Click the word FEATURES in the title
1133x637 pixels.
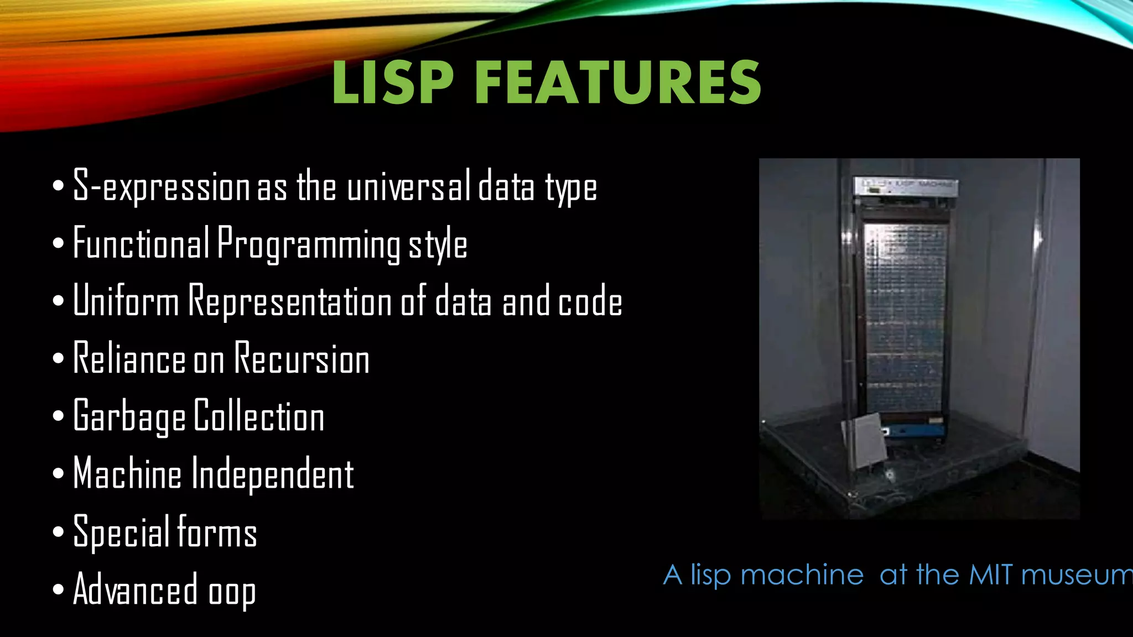click(x=618, y=83)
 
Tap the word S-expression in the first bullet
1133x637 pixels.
click(x=161, y=187)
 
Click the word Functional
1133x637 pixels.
click(x=141, y=244)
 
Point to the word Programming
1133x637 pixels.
click(x=309, y=245)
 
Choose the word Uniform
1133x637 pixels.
click(x=126, y=301)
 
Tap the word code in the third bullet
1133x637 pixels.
click(x=590, y=302)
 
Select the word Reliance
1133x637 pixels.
click(x=129, y=359)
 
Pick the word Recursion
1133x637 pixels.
click(x=302, y=359)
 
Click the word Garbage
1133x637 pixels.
click(x=129, y=417)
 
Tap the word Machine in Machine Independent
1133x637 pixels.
click(x=127, y=474)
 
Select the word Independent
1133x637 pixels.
click(x=272, y=474)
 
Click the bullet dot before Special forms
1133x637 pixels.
click(x=59, y=532)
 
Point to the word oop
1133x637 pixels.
click(x=232, y=592)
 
